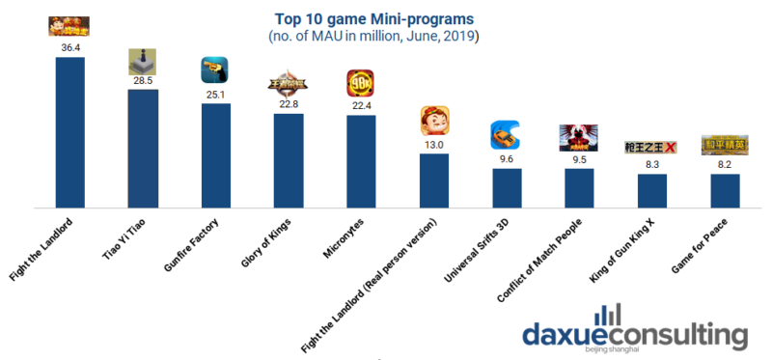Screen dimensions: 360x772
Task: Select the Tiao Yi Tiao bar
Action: pyautogui.click(x=143, y=149)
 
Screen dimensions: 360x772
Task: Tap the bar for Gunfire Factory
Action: pyautogui.click(x=215, y=155)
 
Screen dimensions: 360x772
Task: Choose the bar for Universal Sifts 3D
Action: pyautogui.click(x=507, y=188)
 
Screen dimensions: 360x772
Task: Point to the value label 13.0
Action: pyautogui.click(x=434, y=145)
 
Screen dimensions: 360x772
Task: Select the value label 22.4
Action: pyautogui.click(x=361, y=106)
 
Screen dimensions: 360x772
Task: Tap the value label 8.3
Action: pyautogui.click(x=652, y=165)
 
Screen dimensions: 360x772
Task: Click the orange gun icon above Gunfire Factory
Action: pyautogui.click(x=215, y=69)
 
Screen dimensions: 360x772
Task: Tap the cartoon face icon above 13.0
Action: pyautogui.click(x=434, y=122)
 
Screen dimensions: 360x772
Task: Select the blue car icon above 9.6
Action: pyautogui.click(x=507, y=135)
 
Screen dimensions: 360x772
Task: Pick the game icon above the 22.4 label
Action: pyautogui.click(x=361, y=84)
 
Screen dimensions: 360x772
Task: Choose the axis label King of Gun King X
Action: pyautogui.click(x=623, y=249)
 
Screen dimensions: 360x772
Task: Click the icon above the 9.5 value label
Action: pyautogui.click(x=579, y=139)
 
